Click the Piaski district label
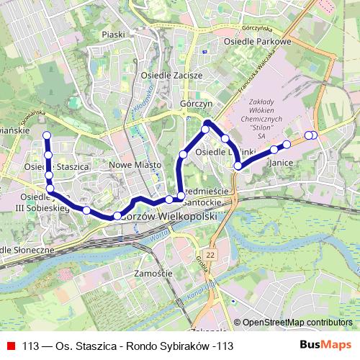pyautogui.click(x=114, y=35)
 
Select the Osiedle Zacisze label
pyautogui.click(x=171, y=74)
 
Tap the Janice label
pyautogui.click(x=280, y=163)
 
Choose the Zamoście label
pyautogui.click(x=152, y=274)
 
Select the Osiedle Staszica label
pyautogui.click(x=56, y=166)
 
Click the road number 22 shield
pyautogui.click(x=210, y=255)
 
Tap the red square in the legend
pyautogui.click(x=11, y=346)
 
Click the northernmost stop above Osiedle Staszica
pyautogui.click(x=47, y=135)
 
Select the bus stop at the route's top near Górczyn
pyautogui.click(x=205, y=129)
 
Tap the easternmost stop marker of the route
pyautogui.click(x=313, y=135)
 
